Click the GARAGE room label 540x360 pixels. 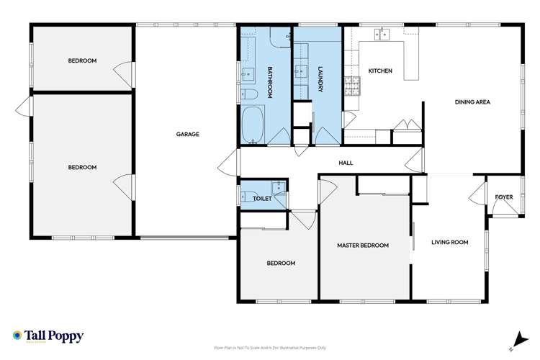[x=187, y=134]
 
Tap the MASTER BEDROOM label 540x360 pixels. [x=363, y=246]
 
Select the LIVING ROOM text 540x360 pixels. [x=449, y=243]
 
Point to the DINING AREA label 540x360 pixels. [x=472, y=102]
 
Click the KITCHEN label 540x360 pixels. [x=379, y=71]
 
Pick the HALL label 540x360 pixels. [x=346, y=163]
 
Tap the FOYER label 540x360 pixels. [x=503, y=197]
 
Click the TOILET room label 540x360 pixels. [x=261, y=198]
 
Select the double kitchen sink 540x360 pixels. [x=382, y=33]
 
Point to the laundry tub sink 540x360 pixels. [x=302, y=72]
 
